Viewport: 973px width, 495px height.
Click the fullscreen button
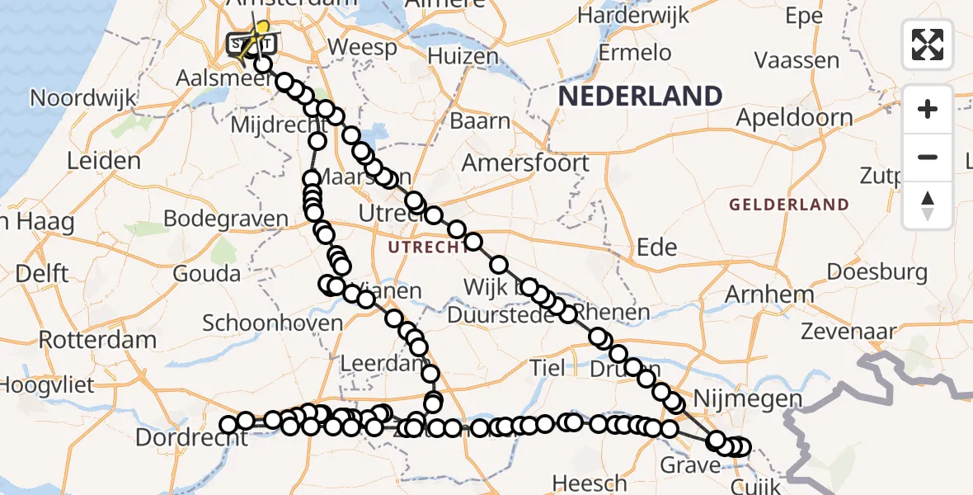[928, 45]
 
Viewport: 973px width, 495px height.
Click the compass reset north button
[928, 205]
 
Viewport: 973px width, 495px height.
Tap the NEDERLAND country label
[640, 97]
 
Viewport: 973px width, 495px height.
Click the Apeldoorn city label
[793, 118]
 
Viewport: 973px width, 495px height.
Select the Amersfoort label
[525, 163]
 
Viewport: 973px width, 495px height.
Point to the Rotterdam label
[97, 340]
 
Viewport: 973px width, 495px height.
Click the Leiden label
[103, 160]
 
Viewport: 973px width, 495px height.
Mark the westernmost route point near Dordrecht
[228, 425]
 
